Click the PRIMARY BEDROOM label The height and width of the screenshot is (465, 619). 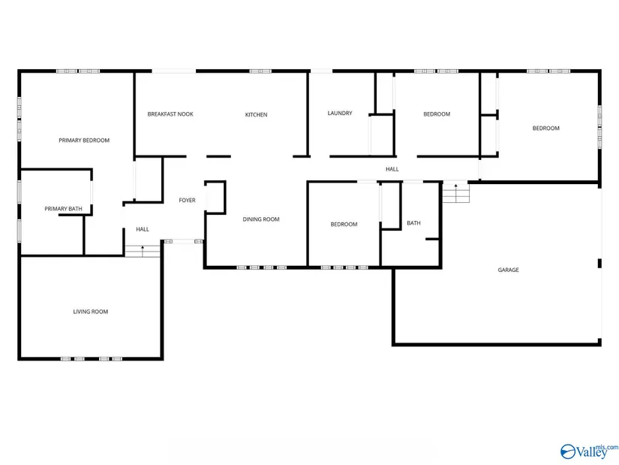pyautogui.click(x=84, y=140)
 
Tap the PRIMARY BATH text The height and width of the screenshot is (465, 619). pyautogui.click(x=63, y=209)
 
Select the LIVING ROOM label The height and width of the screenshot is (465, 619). pyautogui.click(x=90, y=312)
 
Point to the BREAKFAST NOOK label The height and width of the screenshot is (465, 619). pyautogui.click(x=170, y=114)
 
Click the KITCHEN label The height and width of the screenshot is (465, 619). pyautogui.click(x=256, y=115)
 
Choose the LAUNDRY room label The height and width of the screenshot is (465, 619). pyautogui.click(x=340, y=113)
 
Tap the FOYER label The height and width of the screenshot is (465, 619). pyautogui.click(x=187, y=201)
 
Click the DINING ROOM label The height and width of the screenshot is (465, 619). pyautogui.click(x=261, y=219)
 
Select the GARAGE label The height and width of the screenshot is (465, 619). pyautogui.click(x=508, y=270)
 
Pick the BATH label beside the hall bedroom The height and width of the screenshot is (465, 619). pyautogui.click(x=413, y=223)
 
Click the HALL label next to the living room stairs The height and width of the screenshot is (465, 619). pyautogui.click(x=143, y=229)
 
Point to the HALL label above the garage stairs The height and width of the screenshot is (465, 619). pyautogui.click(x=392, y=169)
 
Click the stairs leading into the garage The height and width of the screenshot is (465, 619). pyautogui.click(x=456, y=193)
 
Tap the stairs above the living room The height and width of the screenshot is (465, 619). pyautogui.click(x=143, y=251)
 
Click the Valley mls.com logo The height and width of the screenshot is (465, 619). pyautogui.click(x=589, y=451)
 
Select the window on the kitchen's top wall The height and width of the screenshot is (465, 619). pyautogui.click(x=260, y=71)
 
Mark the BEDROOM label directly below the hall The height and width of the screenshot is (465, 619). pyautogui.click(x=344, y=225)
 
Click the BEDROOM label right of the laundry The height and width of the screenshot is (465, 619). pyautogui.click(x=437, y=114)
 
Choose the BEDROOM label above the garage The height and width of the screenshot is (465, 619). pyautogui.click(x=546, y=128)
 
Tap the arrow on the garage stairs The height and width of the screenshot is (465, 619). pyautogui.click(x=456, y=193)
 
